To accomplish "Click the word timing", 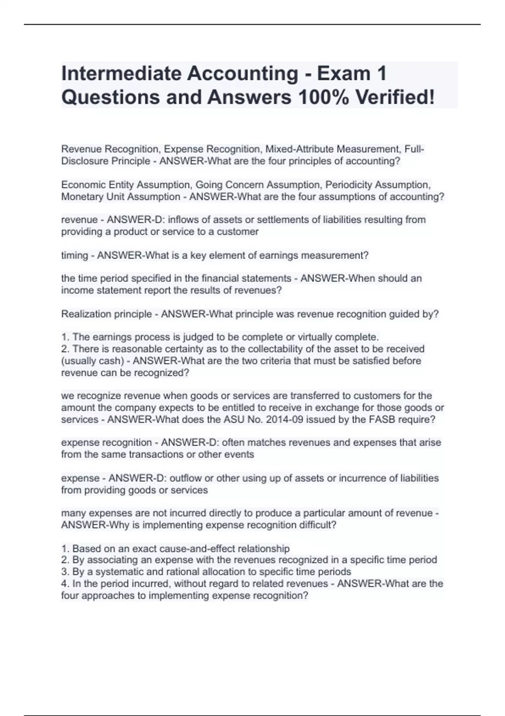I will pos(74,256).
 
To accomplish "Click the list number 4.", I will pos(65,584).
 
